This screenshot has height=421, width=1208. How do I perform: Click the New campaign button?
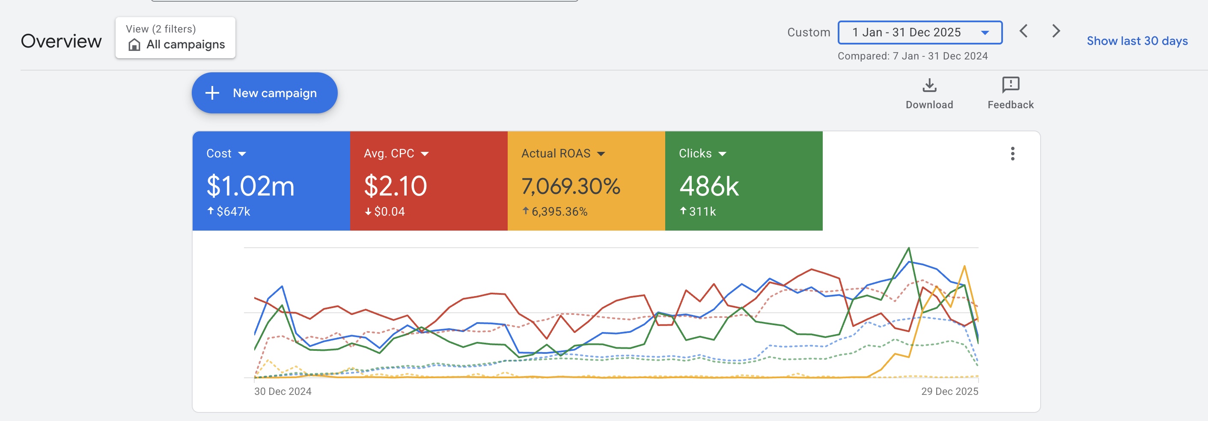pos(265,93)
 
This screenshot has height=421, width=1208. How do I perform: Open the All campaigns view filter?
pos(176,38)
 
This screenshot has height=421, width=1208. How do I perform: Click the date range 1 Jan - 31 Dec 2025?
pos(920,33)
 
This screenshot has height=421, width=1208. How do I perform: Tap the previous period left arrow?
pos(1024,31)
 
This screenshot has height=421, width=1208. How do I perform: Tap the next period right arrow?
pos(1056,31)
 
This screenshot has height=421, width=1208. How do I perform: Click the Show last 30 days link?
pos(1137,41)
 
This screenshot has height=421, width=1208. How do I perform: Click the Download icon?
pos(929,85)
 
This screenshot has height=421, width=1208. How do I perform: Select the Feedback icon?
pos(1011,85)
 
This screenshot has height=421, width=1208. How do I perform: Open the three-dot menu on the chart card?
pos(1013,154)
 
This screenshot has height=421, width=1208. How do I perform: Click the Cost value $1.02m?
pos(250,186)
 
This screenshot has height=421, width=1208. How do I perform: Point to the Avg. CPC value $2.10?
pos(396,186)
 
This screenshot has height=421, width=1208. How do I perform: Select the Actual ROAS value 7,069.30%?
pos(571,186)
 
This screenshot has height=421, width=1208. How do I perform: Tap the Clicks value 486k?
pos(709,186)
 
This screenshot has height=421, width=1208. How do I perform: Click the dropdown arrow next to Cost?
pos(242,154)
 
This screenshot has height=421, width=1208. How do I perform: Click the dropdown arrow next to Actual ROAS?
pos(601,154)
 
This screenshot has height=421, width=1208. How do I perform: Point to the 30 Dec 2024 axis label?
pos(283,391)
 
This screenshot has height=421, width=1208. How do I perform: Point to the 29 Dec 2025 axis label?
pos(949,391)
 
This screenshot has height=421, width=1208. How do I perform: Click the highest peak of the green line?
pos(909,248)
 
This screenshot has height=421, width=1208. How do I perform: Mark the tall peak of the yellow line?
pos(964,266)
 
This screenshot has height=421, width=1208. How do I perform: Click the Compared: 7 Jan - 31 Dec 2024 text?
pos(913,56)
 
